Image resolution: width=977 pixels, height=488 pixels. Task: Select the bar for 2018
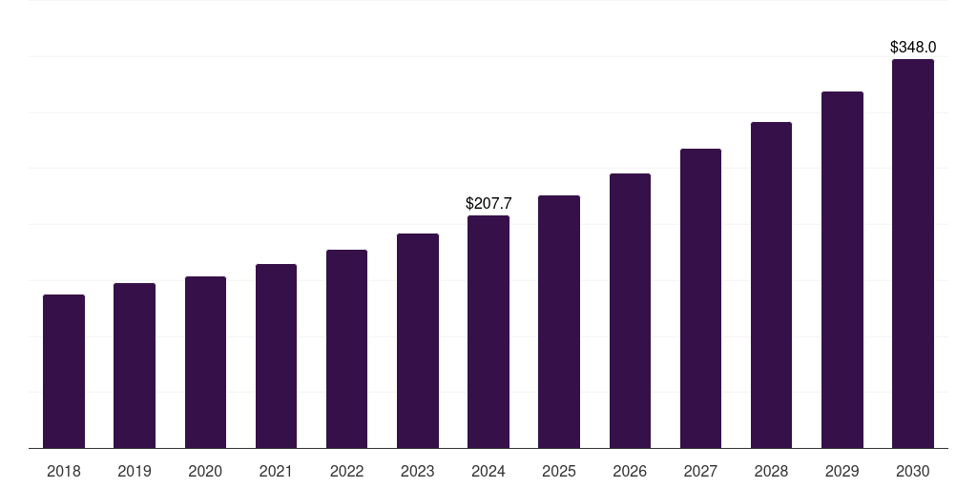pos(64,372)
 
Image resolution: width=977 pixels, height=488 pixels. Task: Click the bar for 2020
pos(205,362)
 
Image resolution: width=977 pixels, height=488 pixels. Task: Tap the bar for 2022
pos(346,349)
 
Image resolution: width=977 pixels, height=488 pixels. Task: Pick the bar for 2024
pos(488,332)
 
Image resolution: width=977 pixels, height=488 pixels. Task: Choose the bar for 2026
pos(630,311)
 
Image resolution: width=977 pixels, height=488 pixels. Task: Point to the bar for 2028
pos(771,285)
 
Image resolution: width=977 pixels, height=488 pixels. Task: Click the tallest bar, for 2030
pos(912,254)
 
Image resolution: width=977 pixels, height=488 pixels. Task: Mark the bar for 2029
pos(842,270)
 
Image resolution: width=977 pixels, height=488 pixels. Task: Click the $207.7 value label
pos(488,203)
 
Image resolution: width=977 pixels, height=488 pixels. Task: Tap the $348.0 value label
pos(913,47)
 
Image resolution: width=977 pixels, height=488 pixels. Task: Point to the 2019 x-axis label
pos(135,471)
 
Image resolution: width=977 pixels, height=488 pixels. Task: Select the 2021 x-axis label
pos(276,471)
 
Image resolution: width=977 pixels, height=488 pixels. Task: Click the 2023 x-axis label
pos(417,471)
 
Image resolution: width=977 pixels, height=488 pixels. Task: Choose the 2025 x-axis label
pos(559,471)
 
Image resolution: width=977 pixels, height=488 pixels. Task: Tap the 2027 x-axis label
pos(700,471)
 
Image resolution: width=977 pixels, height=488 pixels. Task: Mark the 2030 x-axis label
pos(912,471)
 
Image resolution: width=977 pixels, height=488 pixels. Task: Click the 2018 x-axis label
pos(64,471)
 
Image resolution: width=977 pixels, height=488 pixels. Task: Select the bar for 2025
pos(559,321)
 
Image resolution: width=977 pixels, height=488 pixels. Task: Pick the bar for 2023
pos(417,340)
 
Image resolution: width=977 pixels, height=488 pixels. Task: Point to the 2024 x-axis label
pos(488,471)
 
